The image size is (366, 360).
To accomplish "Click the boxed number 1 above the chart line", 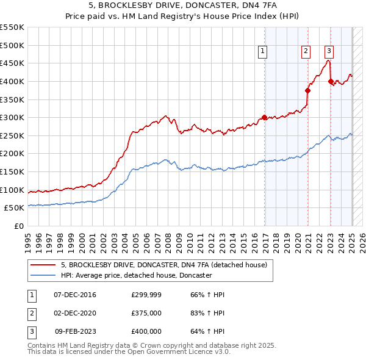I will click(x=262, y=52).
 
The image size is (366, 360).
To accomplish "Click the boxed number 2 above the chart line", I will click(x=305, y=52).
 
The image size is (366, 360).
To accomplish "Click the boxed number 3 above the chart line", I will click(x=329, y=52).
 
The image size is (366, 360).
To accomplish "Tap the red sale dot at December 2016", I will click(x=264, y=118).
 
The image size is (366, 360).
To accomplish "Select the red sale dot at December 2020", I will click(x=307, y=91).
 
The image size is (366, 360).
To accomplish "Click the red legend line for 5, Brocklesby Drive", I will click(x=43, y=265).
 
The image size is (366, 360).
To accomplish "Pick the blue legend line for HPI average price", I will click(x=43, y=276).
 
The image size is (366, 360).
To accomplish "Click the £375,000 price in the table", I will click(x=146, y=314).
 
